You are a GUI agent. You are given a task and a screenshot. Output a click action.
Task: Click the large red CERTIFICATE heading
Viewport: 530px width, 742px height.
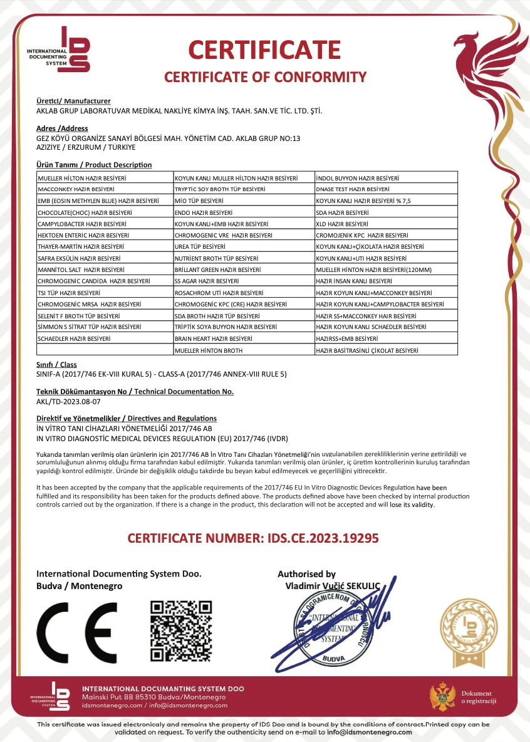tap(264, 50)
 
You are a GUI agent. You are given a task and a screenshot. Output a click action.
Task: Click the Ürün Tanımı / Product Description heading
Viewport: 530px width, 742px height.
tap(94, 165)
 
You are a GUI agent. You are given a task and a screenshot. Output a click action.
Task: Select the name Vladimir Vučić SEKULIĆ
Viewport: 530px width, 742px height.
tap(332, 585)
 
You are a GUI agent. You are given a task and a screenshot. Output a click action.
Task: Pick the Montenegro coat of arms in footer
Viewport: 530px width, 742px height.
tap(442, 697)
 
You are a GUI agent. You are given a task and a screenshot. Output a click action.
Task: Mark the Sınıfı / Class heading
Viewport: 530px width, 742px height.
tap(56, 365)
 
